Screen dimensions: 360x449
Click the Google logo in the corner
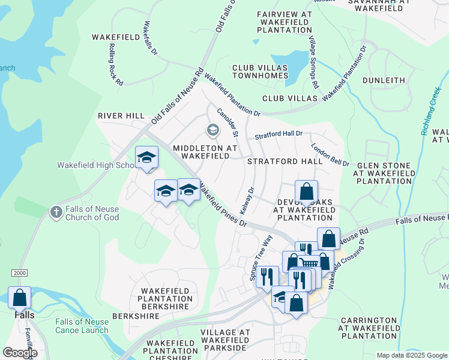click(x=20, y=353)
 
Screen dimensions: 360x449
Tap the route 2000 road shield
click(x=19, y=272)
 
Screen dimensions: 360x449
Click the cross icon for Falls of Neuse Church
click(x=56, y=212)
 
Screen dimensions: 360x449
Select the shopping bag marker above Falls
click(x=19, y=297)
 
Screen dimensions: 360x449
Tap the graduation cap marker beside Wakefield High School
click(x=146, y=158)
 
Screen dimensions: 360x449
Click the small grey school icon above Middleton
click(x=212, y=130)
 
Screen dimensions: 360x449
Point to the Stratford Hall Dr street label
click(x=278, y=135)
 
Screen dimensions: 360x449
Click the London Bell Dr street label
click(x=330, y=154)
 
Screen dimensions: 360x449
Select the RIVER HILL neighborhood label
click(x=121, y=115)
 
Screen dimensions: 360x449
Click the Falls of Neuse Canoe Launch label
click(x=82, y=326)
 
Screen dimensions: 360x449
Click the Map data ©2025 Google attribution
click(x=411, y=355)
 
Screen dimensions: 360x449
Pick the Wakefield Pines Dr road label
click(x=223, y=205)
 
